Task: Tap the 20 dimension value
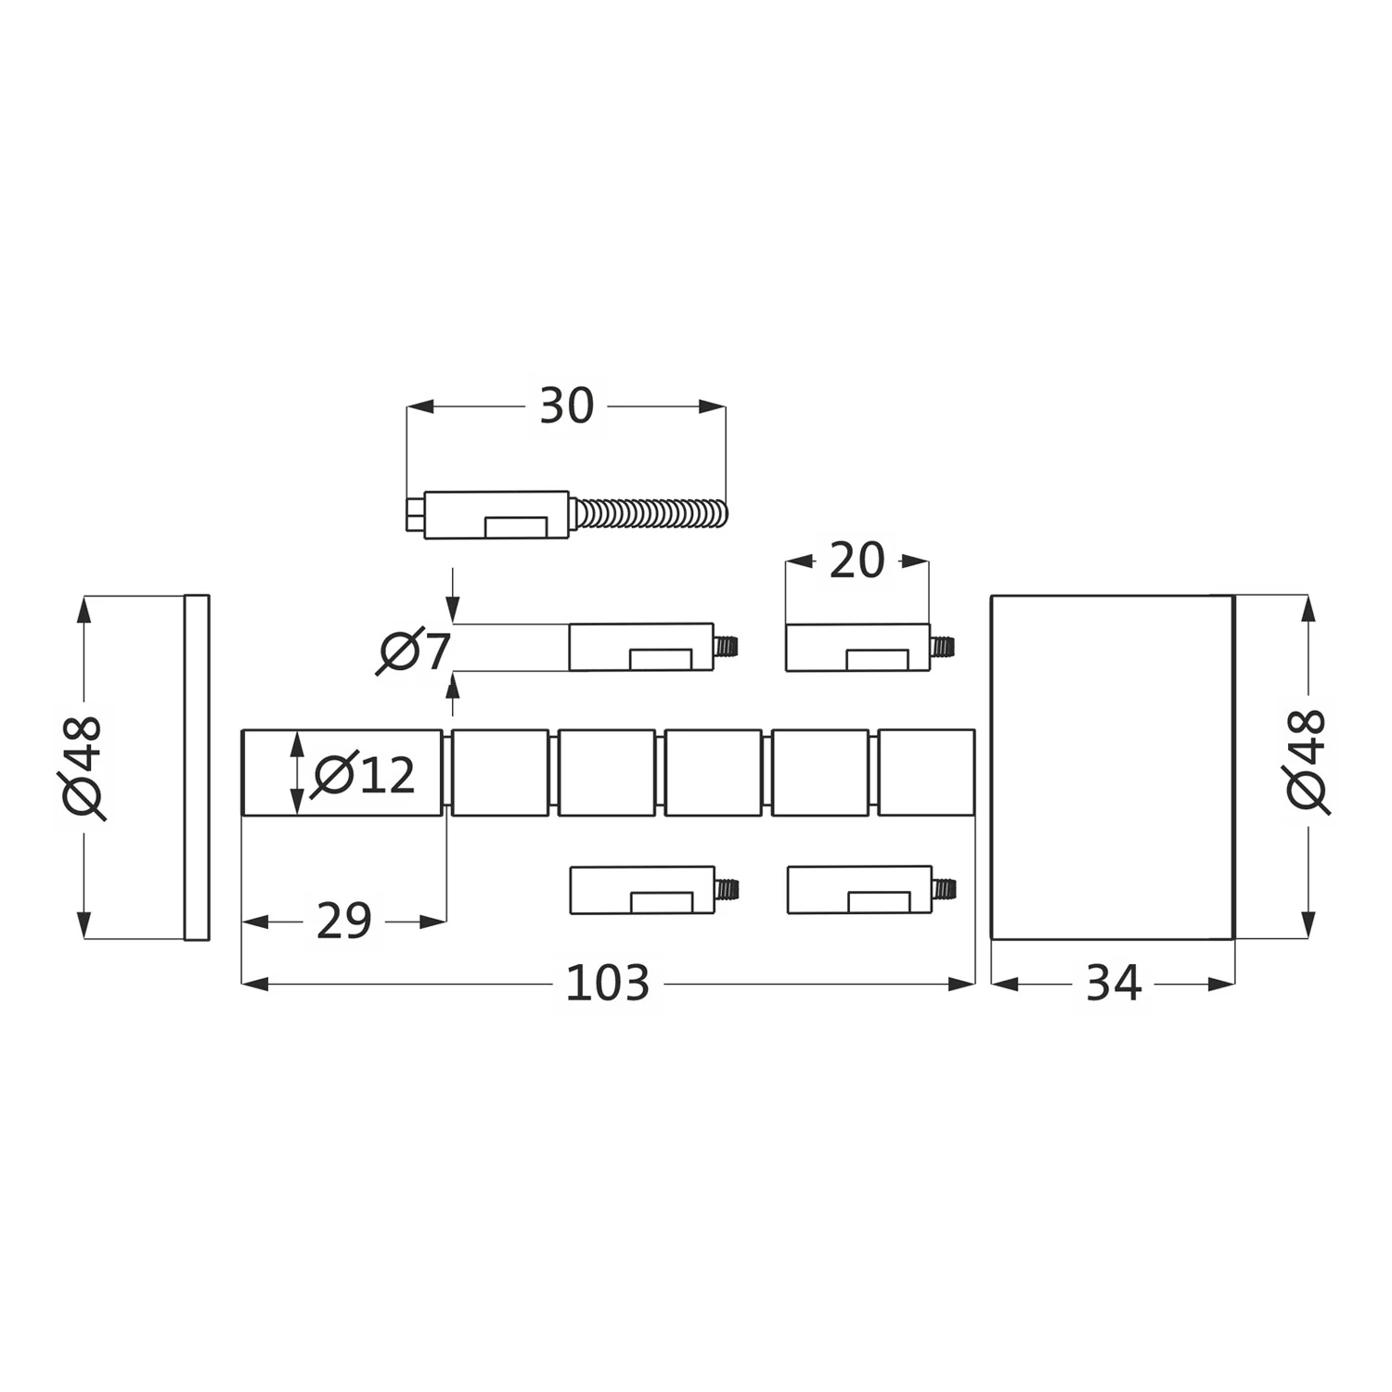(x=857, y=561)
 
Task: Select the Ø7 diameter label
(x=414, y=651)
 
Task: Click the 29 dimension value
(x=344, y=922)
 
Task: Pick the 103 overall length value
(x=608, y=984)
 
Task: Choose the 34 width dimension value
(x=1113, y=984)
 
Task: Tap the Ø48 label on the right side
(x=1309, y=761)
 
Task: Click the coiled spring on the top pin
(x=651, y=514)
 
